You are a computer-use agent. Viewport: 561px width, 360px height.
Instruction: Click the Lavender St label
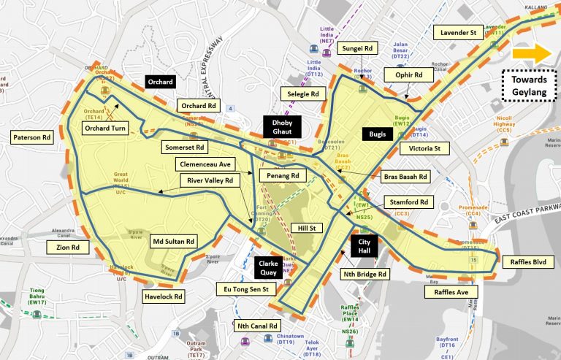pos(458,32)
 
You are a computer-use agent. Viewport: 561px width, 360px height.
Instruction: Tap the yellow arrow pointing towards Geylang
pos(530,53)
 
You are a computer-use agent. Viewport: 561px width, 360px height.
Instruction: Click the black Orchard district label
pos(160,83)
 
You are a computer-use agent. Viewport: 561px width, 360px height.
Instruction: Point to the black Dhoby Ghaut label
pos(281,126)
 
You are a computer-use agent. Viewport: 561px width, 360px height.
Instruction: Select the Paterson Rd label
pos(32,137)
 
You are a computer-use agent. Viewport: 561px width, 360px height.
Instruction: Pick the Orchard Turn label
pos(107,129)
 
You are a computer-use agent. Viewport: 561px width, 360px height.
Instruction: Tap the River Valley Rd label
pos(210,180)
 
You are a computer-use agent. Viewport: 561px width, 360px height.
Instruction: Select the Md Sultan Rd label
pos(173,241)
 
